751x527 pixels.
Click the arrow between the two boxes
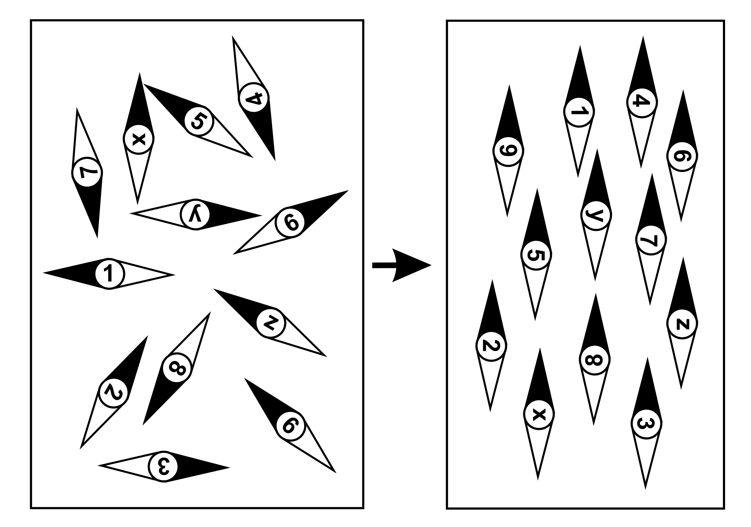[402, 265]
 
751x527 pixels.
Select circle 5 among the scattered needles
[199, 121]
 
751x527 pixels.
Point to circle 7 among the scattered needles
[87, 172]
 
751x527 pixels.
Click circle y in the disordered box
[195, 214]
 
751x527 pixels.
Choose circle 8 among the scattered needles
[177, 368]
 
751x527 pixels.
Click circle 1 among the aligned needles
[579, 112]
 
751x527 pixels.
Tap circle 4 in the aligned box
[642, 103]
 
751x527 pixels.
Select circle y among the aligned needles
[596, 215]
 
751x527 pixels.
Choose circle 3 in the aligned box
[646, 423]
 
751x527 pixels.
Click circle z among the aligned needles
[682, 323]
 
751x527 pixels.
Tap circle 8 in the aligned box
[595, 360]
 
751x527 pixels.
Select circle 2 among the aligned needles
[491, 346]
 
